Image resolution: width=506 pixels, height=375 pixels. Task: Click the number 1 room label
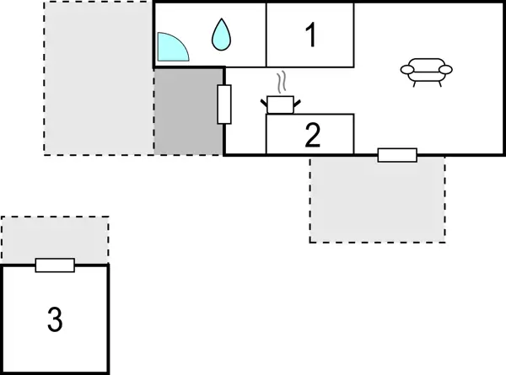click(x=311, y=36)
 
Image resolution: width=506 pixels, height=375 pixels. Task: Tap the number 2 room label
click(x=313, y=136)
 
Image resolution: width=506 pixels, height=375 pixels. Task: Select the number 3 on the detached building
click(x=55, y=319)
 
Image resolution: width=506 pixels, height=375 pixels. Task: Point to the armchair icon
click(x=426, y=72)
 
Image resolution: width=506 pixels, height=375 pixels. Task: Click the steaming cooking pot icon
click(x=281, y=103)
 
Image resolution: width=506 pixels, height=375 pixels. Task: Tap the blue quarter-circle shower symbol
click(x=171, y=47)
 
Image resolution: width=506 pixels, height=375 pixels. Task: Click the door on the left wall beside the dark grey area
click(x=223, y=104)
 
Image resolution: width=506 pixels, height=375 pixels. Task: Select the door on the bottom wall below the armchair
click(x=397, y=155)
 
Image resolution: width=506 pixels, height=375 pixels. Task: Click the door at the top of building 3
click(x=55, y=265)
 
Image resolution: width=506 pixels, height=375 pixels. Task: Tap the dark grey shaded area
click(x=188, y=111)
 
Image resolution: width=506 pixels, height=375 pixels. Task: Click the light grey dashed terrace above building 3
click(x=55, y=239)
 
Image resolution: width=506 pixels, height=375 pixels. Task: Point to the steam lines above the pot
click(x=284, y=83)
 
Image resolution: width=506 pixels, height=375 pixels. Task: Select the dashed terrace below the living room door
click(x=377, y=201)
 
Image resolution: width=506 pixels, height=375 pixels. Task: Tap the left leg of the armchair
click(x=412, y=82)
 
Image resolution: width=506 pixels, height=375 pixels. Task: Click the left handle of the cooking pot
click(x=264, y=100)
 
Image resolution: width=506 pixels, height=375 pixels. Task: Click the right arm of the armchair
click(x=446, y=69)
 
